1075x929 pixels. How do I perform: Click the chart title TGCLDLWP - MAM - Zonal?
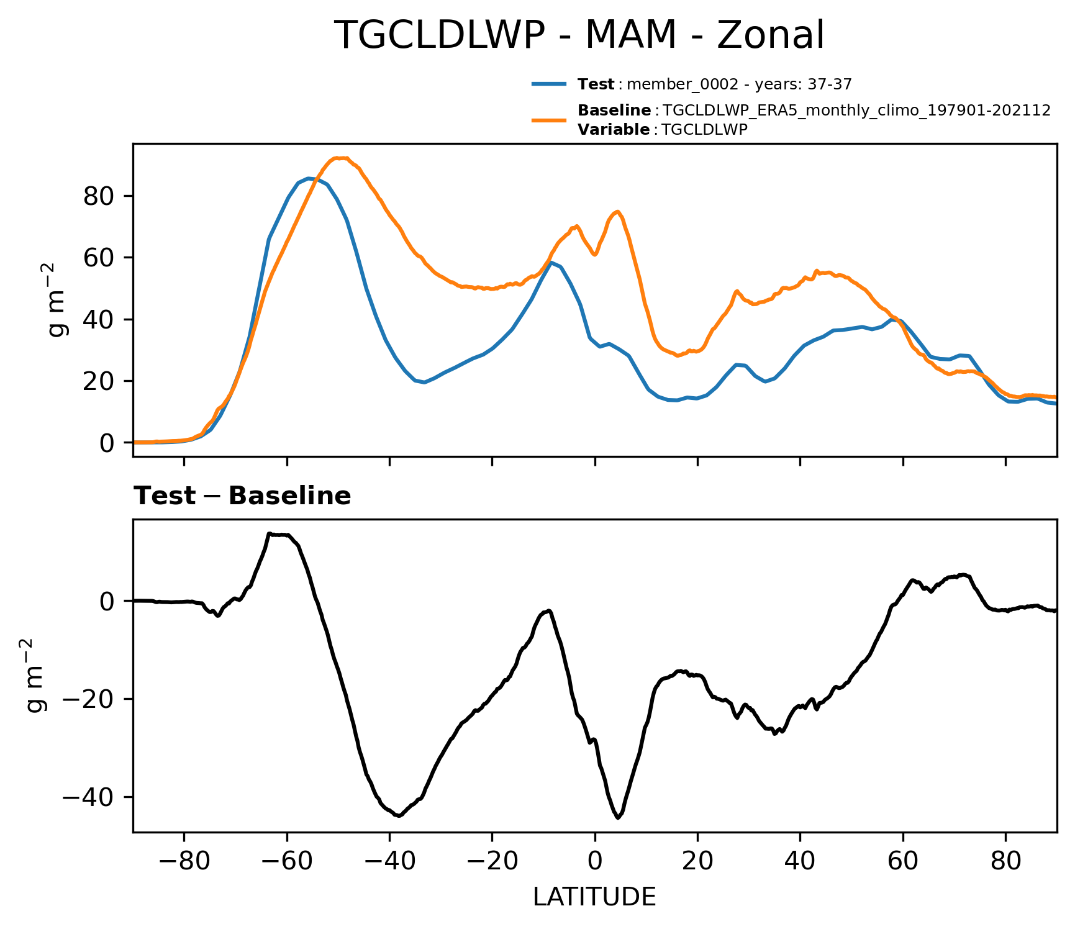tap(579, 35)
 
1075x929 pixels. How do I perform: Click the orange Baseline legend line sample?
tap(549, 120)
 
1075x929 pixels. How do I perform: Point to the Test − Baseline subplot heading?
tap(242, 496)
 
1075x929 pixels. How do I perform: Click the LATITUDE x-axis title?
tap(594, 897)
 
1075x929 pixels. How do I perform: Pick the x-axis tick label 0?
tap(595, 862)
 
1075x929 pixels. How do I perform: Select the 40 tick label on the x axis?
tap(800, 862)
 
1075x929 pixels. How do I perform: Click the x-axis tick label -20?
tap(492, 862)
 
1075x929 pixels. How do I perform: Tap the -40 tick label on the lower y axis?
tap(89, 797)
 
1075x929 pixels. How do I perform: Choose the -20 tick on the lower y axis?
tap(89, 699)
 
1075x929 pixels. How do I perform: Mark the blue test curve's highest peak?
tap(309, 178)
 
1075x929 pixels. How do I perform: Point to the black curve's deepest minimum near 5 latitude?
tap(618, 818)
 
